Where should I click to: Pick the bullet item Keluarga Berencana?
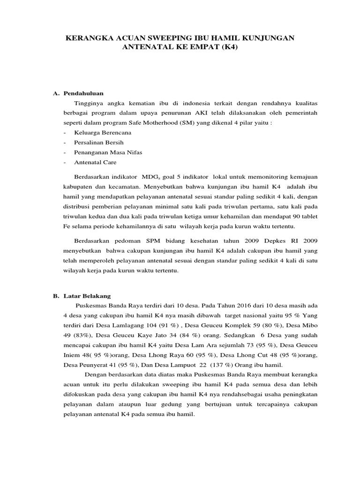pos(102,133)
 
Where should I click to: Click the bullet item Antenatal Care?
pos(95,162)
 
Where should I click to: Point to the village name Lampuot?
pos(184,365)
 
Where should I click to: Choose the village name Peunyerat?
pos(89,365)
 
